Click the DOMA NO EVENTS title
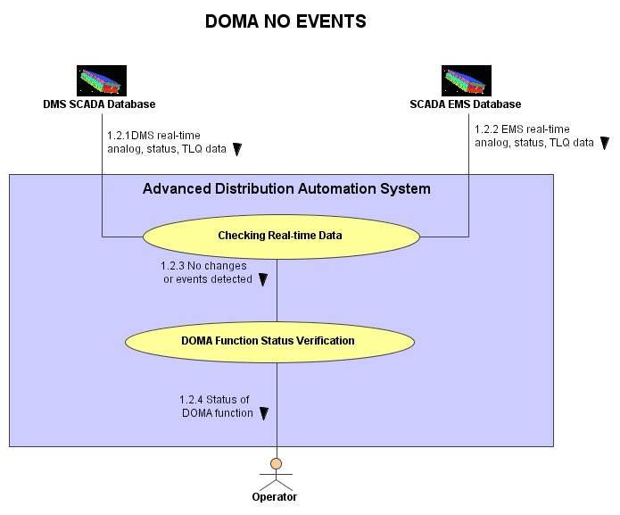[285, 21]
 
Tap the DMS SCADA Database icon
[102, 80]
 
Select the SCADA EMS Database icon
[467, 80]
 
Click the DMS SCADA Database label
[99, 104]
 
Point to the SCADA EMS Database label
[466, 104]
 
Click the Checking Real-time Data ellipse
[281, 237]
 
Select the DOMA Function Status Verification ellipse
[269, 342]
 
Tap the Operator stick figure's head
[276, 463]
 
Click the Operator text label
[275, 497]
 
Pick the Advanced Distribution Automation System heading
[286, 188]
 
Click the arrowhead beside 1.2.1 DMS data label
[237, 149]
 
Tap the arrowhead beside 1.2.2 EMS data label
[605, 143]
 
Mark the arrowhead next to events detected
[263, 279]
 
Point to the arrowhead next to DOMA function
[264, 413]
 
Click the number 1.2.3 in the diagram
[172, 266]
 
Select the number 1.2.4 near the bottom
[192, 400]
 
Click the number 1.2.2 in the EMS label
[486, 129]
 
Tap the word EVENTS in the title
[331, 21]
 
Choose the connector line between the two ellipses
[277, 291]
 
